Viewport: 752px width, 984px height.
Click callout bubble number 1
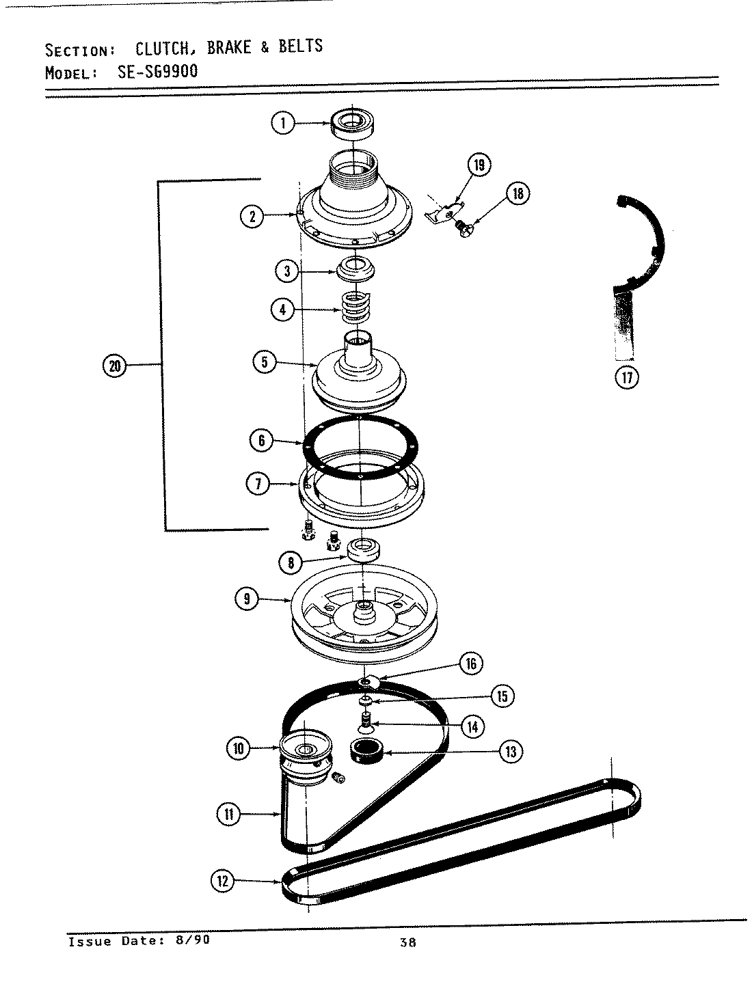pos(282,123)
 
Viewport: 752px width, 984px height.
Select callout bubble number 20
pos(114,366)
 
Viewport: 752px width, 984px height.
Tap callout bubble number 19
pos(479,164)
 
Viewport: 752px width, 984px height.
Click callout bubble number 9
pos(246,599)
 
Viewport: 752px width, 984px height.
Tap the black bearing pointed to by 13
pos(367,751)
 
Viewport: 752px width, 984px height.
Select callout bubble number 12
pos(221,881)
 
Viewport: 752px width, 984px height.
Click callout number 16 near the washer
pos(470,663)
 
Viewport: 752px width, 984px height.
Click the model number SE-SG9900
pos(155,70)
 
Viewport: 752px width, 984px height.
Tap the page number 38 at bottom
pos(408,943)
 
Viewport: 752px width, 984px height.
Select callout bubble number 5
pos(265,361)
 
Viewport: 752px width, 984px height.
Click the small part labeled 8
pos(364,550)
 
